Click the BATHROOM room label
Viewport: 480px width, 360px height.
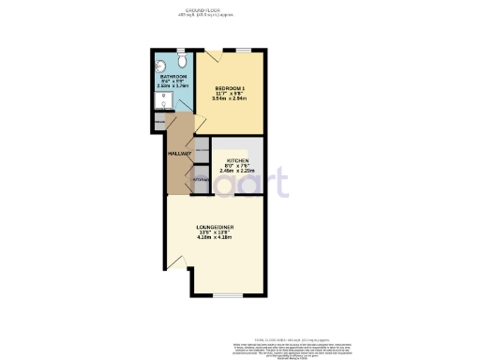pos(173,76)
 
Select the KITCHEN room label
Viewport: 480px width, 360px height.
pos(237,161)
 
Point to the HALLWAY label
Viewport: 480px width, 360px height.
pos(179,153)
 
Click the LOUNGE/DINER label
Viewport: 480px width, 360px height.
pos(215,228)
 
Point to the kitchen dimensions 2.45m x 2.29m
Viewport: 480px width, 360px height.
pos(237,172)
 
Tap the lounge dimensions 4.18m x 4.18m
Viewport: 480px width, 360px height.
pos(215,238)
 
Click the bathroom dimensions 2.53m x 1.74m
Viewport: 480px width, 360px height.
pos(173,86)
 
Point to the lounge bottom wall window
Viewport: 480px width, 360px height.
pos(226,296)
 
